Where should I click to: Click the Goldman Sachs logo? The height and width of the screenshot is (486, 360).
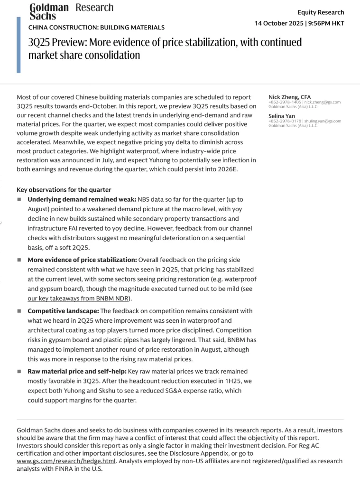(49, 12)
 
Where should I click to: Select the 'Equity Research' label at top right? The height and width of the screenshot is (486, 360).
(321, 12)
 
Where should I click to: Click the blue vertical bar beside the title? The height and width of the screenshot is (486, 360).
(18, 45)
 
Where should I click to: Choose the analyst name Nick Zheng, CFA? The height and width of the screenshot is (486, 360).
(289, 97)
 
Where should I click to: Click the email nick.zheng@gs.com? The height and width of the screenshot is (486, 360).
(322, 102)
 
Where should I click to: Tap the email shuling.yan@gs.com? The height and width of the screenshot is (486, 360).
(323, 121)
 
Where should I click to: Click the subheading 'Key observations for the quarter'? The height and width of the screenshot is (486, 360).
(64, 190)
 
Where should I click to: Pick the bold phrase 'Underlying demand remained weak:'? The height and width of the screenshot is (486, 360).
(82, 200)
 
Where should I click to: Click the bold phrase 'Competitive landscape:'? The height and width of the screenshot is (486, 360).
(63, 311)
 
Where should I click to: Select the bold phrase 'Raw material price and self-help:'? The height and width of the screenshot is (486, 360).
(77, 371)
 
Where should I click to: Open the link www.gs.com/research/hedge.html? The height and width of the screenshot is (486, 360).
(66, 460)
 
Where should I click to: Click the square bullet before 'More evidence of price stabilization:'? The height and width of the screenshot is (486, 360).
(19, 260)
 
